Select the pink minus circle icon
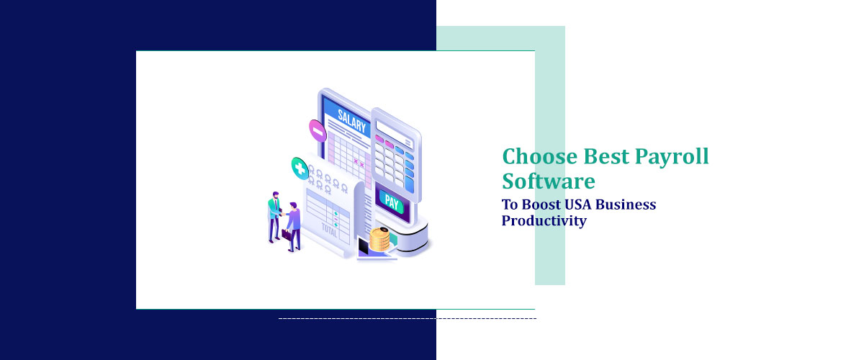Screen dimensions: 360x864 pyautogui.click(x=318, y=130)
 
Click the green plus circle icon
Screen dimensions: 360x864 pyautogui.click(x=300, y=168)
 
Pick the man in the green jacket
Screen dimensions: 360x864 pyautogui.click(x=274, y=215)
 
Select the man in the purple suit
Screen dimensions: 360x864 pyautogui.click(x=293, y=223)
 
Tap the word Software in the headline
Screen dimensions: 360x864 pyautogui.click(x=549, y=180)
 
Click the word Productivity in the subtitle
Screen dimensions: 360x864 pyautogui.click(x=544, y=220)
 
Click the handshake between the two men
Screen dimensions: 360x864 pyautogui.click(x=283, y=210)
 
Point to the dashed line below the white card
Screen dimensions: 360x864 pyautogui.click(x=407, y=318)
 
